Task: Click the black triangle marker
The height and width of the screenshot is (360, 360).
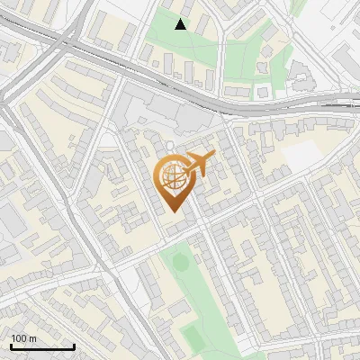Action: (x=181, y=24)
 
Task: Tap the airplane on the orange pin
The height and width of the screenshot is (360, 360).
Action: (x=199, y=164)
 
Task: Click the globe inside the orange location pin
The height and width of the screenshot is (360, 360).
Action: (x=172, y=177)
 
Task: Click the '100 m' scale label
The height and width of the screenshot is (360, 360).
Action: (x=23, y=338)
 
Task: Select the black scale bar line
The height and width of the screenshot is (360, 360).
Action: (x=42, y=346)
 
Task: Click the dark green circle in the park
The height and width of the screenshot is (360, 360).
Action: (x=180, y=262)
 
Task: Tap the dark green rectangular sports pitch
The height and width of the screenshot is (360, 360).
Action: (x=193, y=337)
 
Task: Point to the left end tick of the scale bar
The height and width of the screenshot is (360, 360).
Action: (x=11, y=346)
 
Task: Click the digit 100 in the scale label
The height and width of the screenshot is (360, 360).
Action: (x=18, y=338)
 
